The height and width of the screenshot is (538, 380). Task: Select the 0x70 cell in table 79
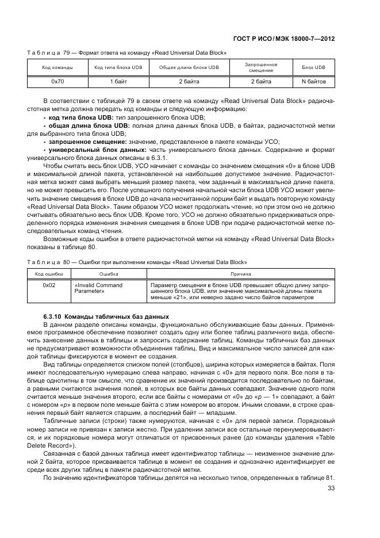point(57,82)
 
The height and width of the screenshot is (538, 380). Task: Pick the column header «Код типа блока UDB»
point(118,67)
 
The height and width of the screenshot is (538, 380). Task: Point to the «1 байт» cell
point(118,82)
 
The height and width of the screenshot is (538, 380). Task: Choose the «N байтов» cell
point(313,82)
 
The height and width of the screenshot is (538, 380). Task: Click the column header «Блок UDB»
point(313,67)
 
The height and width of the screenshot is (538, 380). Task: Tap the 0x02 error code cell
point(49,285)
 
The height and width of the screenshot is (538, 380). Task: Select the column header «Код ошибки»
point(49,274)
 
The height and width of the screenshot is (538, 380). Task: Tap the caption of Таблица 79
point(127,52)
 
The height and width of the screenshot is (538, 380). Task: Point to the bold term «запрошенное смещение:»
point(88,141)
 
